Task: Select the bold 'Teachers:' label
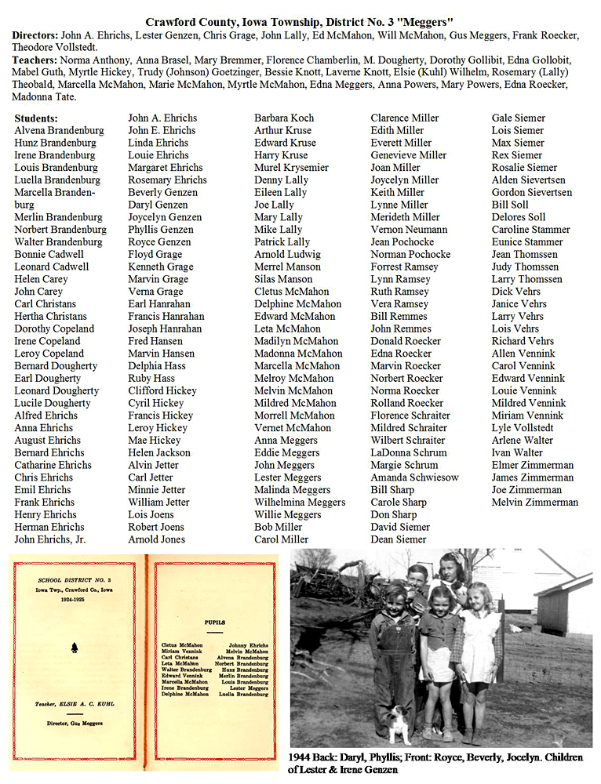tap(35, 60)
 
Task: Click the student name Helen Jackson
tap(159, 452)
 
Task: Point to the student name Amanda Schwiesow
tap(414, 477)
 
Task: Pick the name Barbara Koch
tap(284, 118)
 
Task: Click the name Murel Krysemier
tap(291, 168)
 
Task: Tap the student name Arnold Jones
tap(157, 539)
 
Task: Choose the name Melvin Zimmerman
tap(535, 503)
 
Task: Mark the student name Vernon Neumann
tap(409, 230)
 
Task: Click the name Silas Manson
tap(283, 279)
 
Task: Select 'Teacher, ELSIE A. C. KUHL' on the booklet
tap(75, 703)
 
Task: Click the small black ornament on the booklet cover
tap(75, 648)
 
